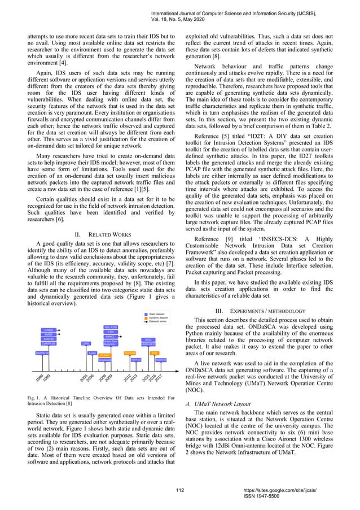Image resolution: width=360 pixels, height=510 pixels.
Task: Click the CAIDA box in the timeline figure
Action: click(48, 329)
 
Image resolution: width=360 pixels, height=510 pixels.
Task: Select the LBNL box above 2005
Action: click(86, 343)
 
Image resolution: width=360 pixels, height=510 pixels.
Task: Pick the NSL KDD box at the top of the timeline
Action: click(111, 326)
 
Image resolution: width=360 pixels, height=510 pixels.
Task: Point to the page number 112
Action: click(180, 491)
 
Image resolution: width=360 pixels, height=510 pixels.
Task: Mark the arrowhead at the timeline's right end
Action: click(167, 367)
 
